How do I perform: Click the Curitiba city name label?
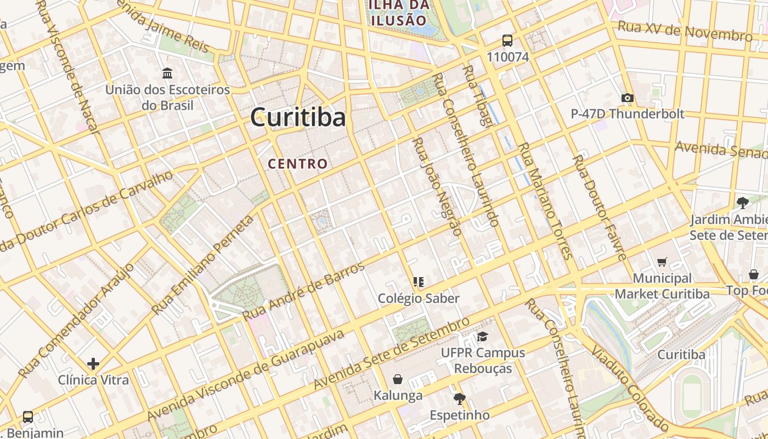[x=298, y=117]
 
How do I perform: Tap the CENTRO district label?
[x=298, y=164]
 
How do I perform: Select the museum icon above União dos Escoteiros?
[x=167, y=73]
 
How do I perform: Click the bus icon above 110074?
[x=507, y=40]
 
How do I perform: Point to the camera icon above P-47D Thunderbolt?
[x=628, y=98]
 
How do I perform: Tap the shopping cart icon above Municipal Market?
[x=662, y=262]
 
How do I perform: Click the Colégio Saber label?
[x=419, y=299]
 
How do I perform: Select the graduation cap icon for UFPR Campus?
[x=482, y=336]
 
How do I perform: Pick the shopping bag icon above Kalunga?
[x=398, y=379]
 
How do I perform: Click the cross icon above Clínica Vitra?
[x=93, y=363]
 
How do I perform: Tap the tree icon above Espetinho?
[x=459, y=398]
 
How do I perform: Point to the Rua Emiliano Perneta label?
[x=203, y=265]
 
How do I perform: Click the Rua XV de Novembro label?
[x=685, y=31]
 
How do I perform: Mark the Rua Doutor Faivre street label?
[x=599, y=207]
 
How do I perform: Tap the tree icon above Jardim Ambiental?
[x=743, y=203]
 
